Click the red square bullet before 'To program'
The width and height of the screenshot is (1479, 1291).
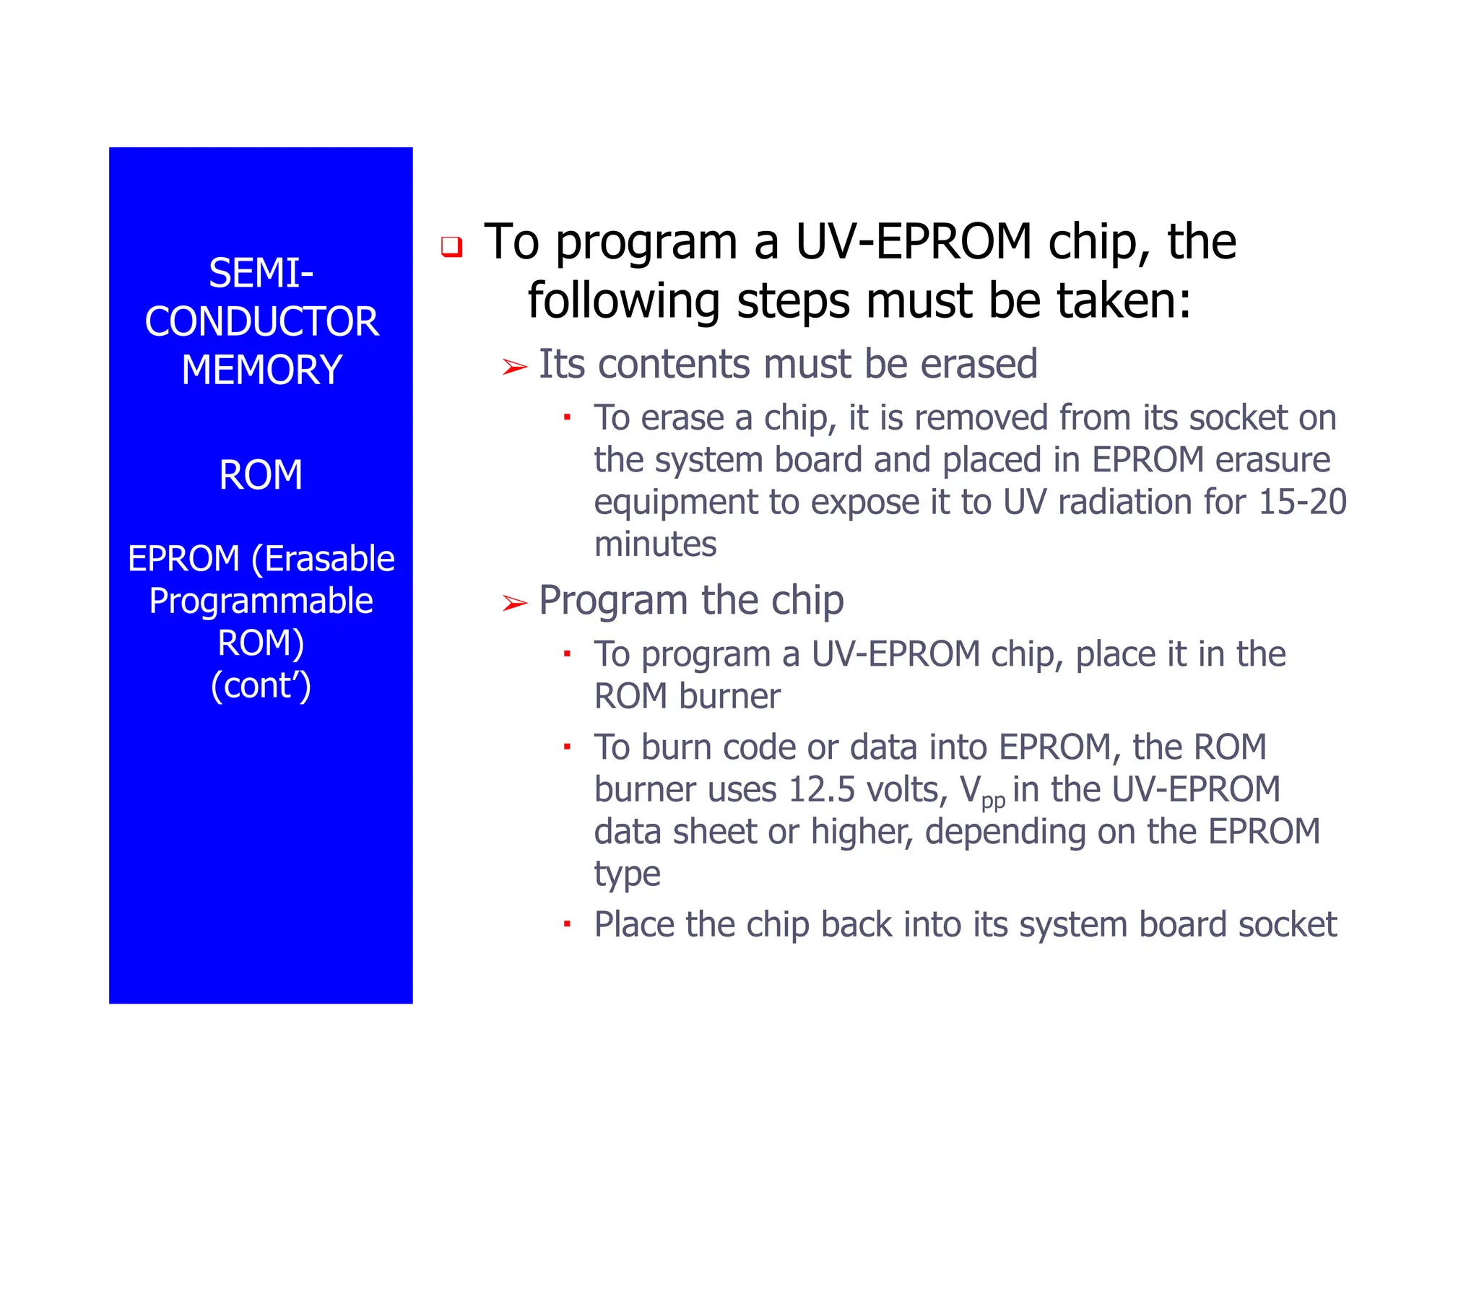[x=451, y=247]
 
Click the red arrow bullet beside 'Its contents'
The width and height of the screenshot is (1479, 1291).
[x=514, y=368]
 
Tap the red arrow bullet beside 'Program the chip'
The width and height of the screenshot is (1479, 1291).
[x=514, y=602]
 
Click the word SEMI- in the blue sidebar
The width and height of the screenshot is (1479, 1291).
[x=261, y=274]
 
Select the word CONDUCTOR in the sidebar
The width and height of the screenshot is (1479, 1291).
[x=261, y=322]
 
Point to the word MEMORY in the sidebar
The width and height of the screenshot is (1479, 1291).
[x=261, y=370]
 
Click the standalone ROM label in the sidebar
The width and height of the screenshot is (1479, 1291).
[x=261, y=475]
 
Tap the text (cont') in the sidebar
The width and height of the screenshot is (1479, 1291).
[x=261, y=685]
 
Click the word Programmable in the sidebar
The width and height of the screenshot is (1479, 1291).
[x=261, y=601]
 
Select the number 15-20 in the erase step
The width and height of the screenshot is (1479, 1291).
[x=1302, y=502]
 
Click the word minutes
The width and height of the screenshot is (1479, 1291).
[x=655, y=544]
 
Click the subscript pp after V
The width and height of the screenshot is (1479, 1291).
[x=993, y=801]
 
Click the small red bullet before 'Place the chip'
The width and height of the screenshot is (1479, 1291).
[x=567, y=923]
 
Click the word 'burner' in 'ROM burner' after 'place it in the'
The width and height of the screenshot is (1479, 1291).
[x=729, y=697]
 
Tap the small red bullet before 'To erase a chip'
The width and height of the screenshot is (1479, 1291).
[x=567, y=417]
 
